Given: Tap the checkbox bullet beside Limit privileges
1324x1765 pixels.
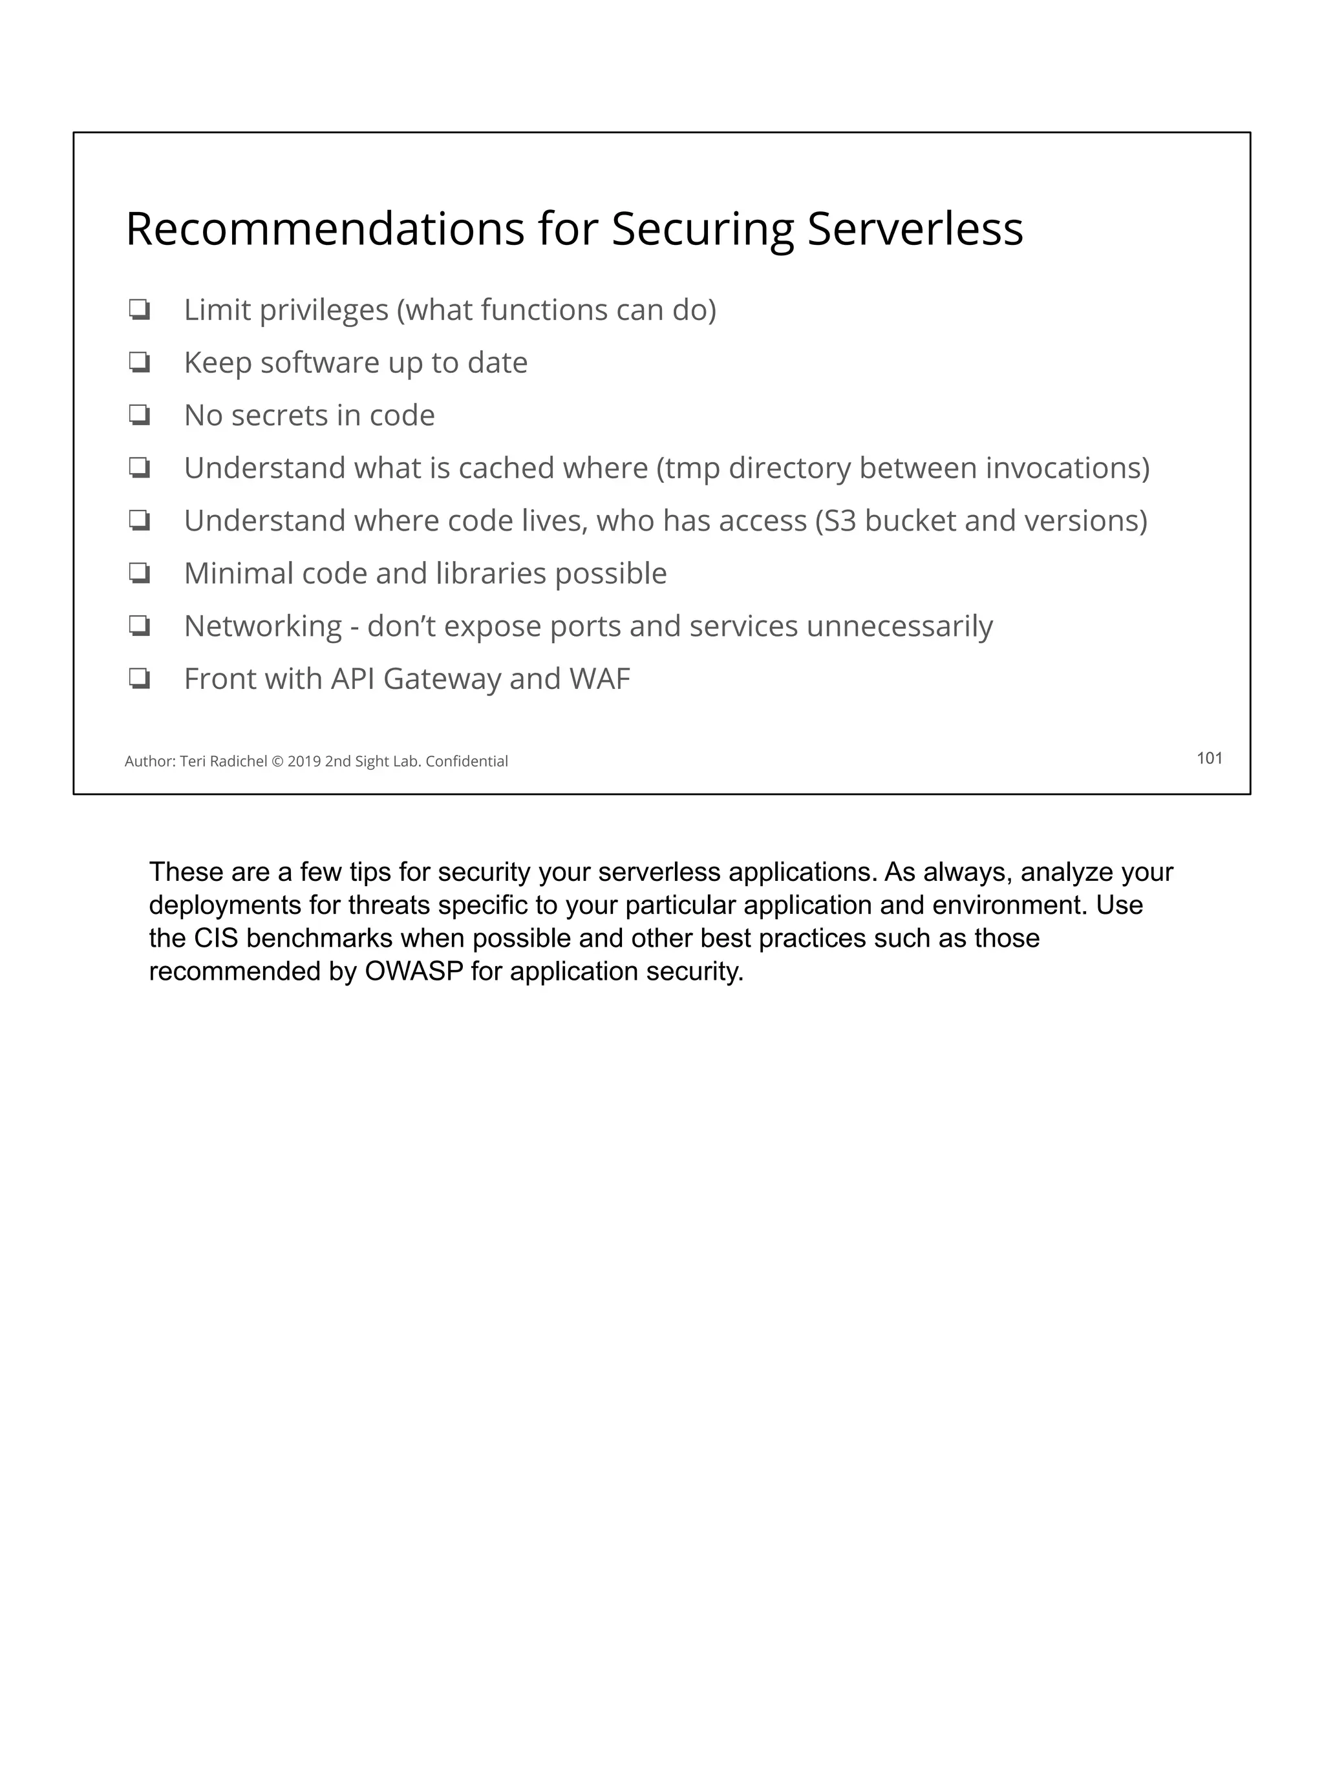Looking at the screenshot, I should coord(140,310).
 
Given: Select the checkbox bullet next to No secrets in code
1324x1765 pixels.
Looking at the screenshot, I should coord(140,415).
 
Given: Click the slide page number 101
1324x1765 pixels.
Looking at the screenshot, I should coord(1209,758).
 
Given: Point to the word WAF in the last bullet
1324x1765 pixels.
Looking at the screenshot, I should coord(599,679).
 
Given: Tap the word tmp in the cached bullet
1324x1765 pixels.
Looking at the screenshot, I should coord(692,469).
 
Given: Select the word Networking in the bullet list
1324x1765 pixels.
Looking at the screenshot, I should coord(262,626).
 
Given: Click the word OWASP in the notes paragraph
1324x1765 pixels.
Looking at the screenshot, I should coord(413,971).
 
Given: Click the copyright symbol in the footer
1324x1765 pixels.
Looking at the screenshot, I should coord(277,761).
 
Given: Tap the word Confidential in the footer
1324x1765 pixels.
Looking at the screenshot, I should coord(467,761).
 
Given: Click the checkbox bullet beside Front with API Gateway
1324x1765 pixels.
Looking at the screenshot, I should coord(140,679).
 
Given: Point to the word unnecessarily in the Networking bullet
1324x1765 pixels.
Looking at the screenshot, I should coord(899,626).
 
